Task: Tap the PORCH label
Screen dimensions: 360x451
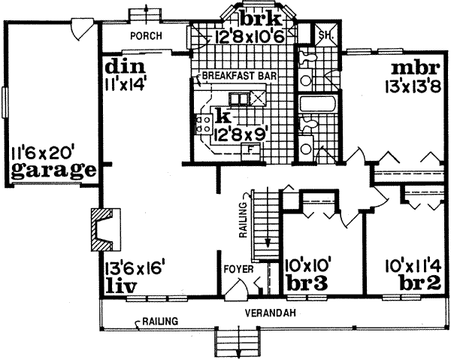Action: (143, 35)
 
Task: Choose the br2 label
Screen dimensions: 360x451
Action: (413, 286)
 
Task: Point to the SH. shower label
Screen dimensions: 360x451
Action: (325, 35)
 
